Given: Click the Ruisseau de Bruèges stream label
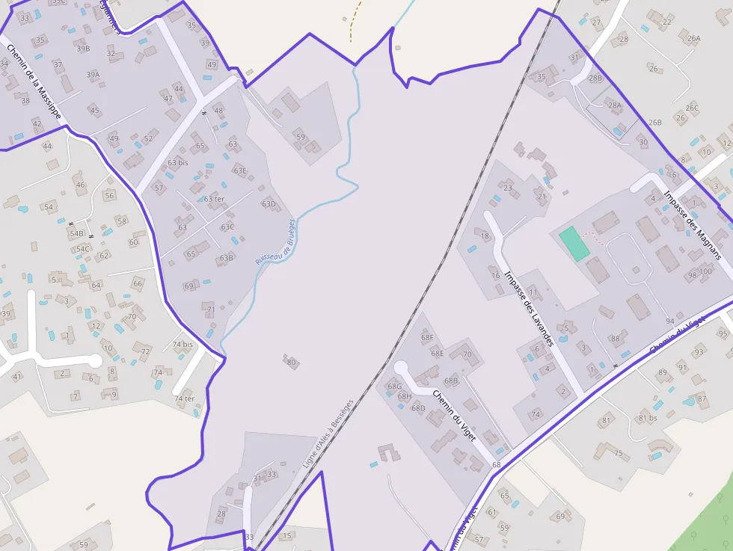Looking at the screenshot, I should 276,241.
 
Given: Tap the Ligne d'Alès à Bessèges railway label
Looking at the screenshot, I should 327,434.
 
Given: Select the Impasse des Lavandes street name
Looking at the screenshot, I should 528,308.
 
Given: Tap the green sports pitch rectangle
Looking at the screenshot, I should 574,244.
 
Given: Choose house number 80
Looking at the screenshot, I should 292,363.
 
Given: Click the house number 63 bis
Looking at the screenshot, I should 178,162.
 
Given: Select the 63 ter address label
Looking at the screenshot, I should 214,199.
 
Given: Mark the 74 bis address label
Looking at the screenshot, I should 183,345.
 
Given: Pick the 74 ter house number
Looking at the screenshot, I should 185,398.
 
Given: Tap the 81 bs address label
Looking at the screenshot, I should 647,418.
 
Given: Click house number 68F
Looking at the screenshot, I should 427,338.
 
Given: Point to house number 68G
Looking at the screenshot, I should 394,387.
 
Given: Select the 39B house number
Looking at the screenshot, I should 83,49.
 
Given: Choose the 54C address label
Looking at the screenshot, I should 82,249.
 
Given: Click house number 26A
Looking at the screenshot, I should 693,38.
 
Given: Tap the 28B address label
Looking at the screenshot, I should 595,78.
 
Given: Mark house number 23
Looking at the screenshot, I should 508,188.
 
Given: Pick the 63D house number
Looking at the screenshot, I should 269,203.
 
